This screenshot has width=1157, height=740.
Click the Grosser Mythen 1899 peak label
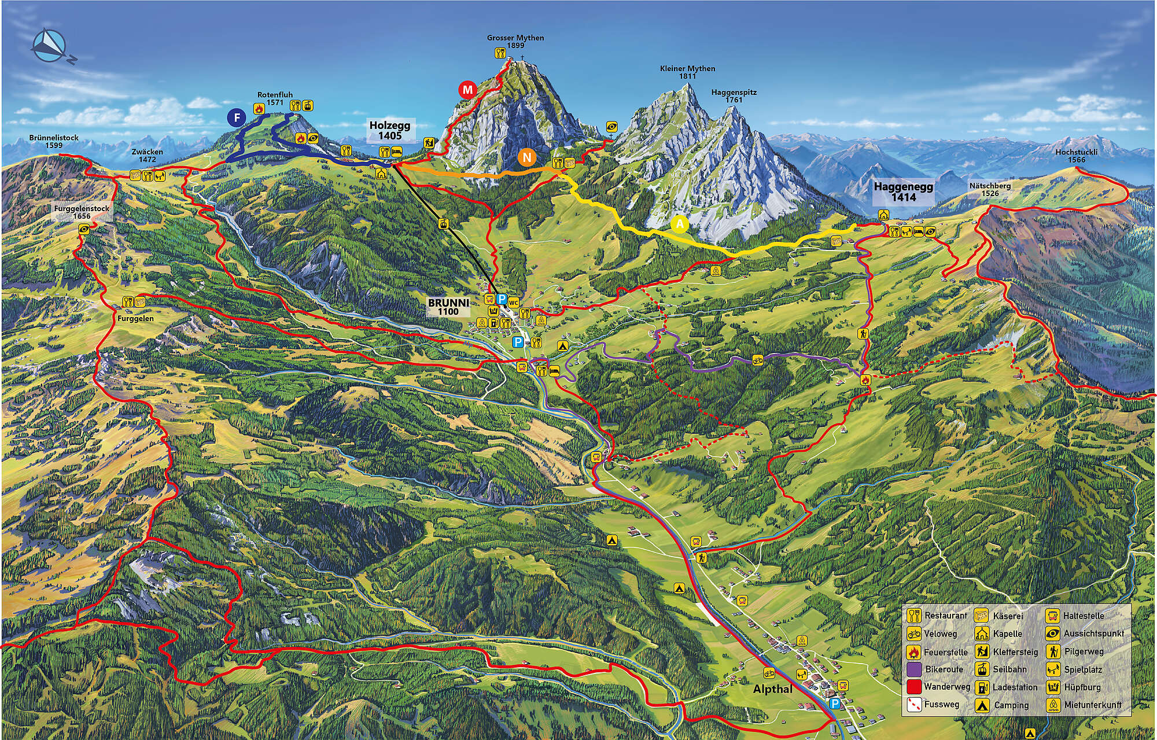click(515, 42)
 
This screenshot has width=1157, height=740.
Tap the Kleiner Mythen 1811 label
click(687, 72)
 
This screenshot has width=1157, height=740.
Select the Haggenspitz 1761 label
click(734, 96)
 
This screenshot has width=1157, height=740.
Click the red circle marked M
click(467, 90)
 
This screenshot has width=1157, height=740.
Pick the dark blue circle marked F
click(236, 119)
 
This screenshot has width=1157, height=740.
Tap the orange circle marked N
click(526, 157)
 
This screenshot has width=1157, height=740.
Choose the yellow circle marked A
click(680, 223)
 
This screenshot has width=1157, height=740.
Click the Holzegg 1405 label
click(390, 130)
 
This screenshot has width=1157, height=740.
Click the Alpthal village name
click(772, 689)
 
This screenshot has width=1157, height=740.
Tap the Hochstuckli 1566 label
click(1077, 156)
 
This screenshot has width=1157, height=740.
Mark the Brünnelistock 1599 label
click(54, 142)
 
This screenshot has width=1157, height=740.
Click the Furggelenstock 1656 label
click(82, 212)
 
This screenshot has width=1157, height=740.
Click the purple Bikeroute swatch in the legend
click(914, 669)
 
